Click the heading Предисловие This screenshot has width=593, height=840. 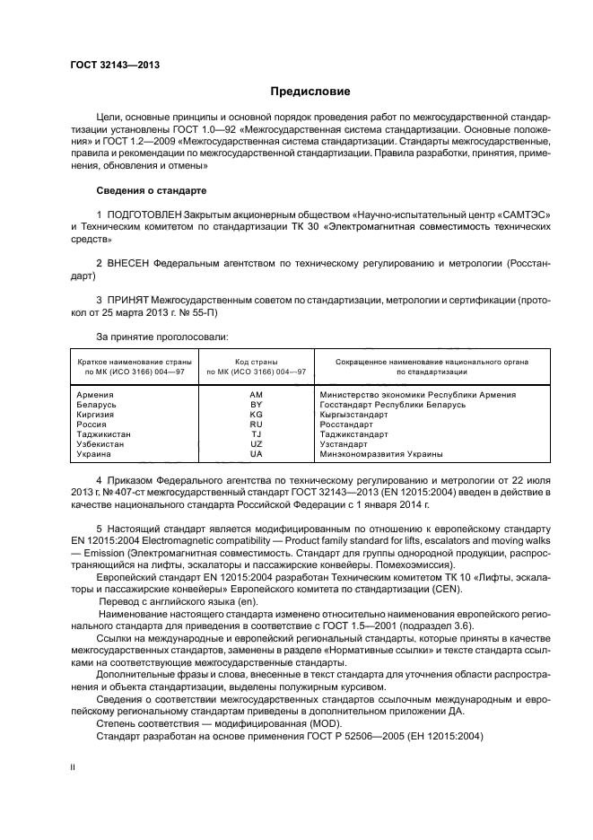click(x=310, y=92)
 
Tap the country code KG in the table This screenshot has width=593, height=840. click(x=256, y=415)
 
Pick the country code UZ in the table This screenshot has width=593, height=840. click(x=256, y=443)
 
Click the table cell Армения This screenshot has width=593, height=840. click(x=95, y=395)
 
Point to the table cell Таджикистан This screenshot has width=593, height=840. click(x=103, y=433)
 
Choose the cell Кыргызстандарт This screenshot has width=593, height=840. click(x=356, y=415)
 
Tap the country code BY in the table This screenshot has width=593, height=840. click(x=256, y=405)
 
